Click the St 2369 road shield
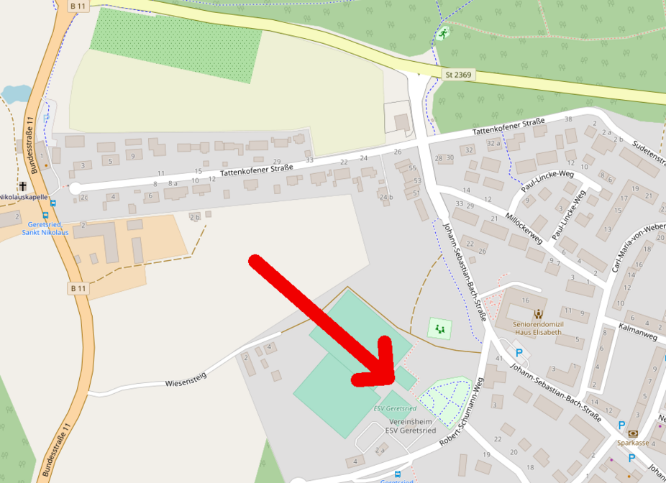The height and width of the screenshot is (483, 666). (458, 75)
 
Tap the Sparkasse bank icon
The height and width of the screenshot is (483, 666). (633, 433)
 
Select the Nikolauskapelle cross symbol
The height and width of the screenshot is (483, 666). (23, 186)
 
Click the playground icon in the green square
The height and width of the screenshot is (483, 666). (439, 329)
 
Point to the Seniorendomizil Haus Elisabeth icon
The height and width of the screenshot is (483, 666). (538, 314)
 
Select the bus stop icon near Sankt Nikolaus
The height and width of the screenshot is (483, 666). (45, 214)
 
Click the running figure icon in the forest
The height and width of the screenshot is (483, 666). (443, 33)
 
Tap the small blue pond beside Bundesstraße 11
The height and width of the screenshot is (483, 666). (16, 94)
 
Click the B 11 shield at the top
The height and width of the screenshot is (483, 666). (78, 6)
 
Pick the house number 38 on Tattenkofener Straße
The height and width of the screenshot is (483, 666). (568, 119)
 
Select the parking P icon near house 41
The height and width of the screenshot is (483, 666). (518, 353)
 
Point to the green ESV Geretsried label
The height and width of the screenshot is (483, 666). (395, 408)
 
